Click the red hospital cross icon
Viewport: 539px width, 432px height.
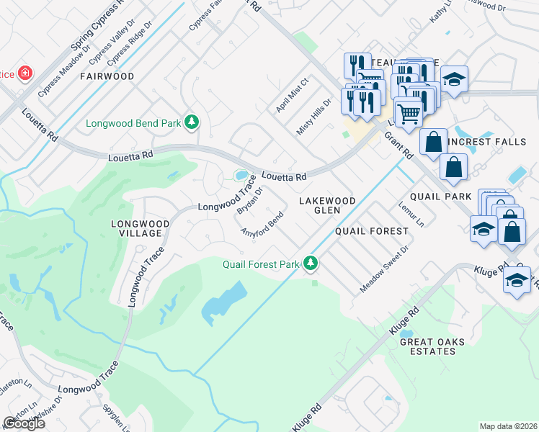pyautogui.click(x=25, y=73)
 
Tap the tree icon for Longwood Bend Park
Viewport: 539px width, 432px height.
pyautogui.click(x=191, y=123)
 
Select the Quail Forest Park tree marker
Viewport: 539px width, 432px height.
pyautogui.click(x=311, y=264)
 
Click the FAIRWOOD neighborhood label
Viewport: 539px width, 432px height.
pyautogui.click(x=107, y=76)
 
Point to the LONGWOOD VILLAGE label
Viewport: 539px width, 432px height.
pyautogui.click(x=140, y=228)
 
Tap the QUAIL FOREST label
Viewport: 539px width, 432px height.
pyautogui.click(x=372, y=231)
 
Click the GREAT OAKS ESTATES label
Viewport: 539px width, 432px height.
pyautogui.click(x=428, y=346)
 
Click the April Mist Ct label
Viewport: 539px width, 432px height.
pyautogui.click(x=292, y=96)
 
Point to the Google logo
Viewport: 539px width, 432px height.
pyautogui.click(x=24, y=423)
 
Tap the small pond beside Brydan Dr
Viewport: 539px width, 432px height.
pyautogui.click(x=240, y=175)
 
